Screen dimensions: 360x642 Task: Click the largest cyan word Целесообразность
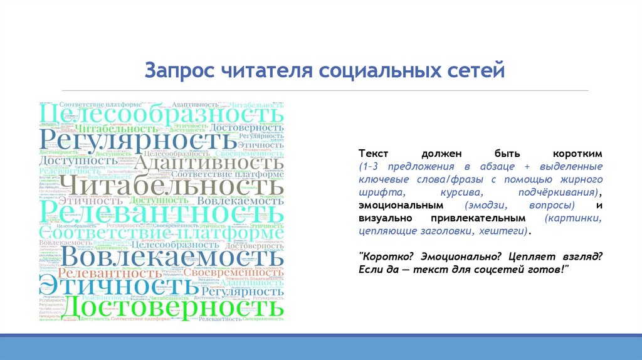[162, 114]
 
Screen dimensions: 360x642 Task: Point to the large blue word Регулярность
[140, 137]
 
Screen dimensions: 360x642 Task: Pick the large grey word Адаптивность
[209, 164]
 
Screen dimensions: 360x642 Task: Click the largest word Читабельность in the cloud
[175, 187]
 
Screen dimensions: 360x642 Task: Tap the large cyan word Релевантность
[162, 212]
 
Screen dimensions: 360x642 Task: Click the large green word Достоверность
[174, 307]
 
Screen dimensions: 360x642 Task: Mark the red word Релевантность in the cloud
[110, 273]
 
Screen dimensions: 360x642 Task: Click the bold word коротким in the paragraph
[577, 154]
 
